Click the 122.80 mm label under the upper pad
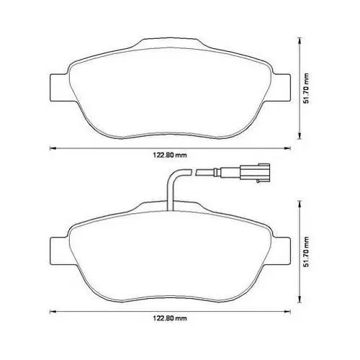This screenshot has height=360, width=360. (170, 155)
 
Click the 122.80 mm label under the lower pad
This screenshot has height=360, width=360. (170, 318)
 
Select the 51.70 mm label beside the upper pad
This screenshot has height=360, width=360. (306, 89)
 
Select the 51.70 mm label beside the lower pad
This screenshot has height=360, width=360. (306, 251)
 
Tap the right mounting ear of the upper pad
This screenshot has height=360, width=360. (282, 87)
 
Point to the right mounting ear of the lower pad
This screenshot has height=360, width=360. (282, 251)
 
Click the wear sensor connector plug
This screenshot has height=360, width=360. (254, 171)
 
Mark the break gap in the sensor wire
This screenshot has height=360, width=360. (194, 172)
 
